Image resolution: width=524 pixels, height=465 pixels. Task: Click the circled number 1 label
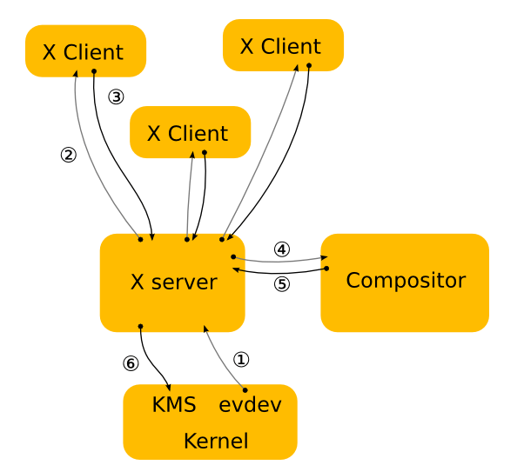tap(242, 358)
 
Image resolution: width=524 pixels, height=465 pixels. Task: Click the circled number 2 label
tap(69, 155)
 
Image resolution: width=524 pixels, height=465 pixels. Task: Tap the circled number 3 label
tap(117, 96)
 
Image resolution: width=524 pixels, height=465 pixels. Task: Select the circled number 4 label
tap(281, 249)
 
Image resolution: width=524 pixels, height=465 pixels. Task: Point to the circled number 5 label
tap(281, 284)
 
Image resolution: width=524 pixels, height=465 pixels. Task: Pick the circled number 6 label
tap(131, 363)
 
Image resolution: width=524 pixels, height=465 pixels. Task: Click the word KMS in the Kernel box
tap(174, 405)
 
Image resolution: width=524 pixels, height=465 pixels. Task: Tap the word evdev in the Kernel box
tap(250, 405)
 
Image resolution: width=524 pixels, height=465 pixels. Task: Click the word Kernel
tap(216, 441)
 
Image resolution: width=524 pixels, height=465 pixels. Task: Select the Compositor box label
tap(406, 281)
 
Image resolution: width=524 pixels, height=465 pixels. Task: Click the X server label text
tap(173, 282)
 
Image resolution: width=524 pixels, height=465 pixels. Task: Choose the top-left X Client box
tap(85, 51)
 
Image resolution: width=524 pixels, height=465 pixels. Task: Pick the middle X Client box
tap(190, 133)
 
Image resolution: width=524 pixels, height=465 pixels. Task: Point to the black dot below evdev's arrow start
tap(245, 389)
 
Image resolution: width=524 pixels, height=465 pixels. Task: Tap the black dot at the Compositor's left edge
tap(326, 269)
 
